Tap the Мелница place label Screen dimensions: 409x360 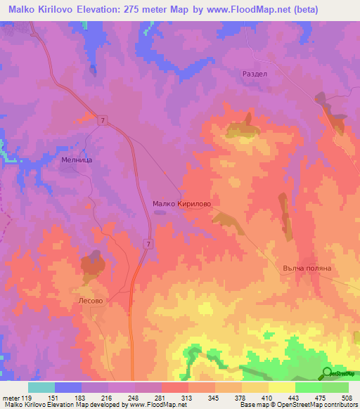pos(72,160)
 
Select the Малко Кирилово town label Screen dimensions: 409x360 pos(181,204)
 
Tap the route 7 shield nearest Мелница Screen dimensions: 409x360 pos(103,122)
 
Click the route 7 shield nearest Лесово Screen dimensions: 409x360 pos(148,243)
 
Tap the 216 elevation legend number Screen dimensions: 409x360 pos(107,397)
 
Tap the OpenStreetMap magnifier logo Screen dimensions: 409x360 pos(327,373)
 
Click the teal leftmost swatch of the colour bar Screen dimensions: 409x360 pos(41,387)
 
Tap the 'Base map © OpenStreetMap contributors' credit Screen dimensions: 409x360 pos(299,405)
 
